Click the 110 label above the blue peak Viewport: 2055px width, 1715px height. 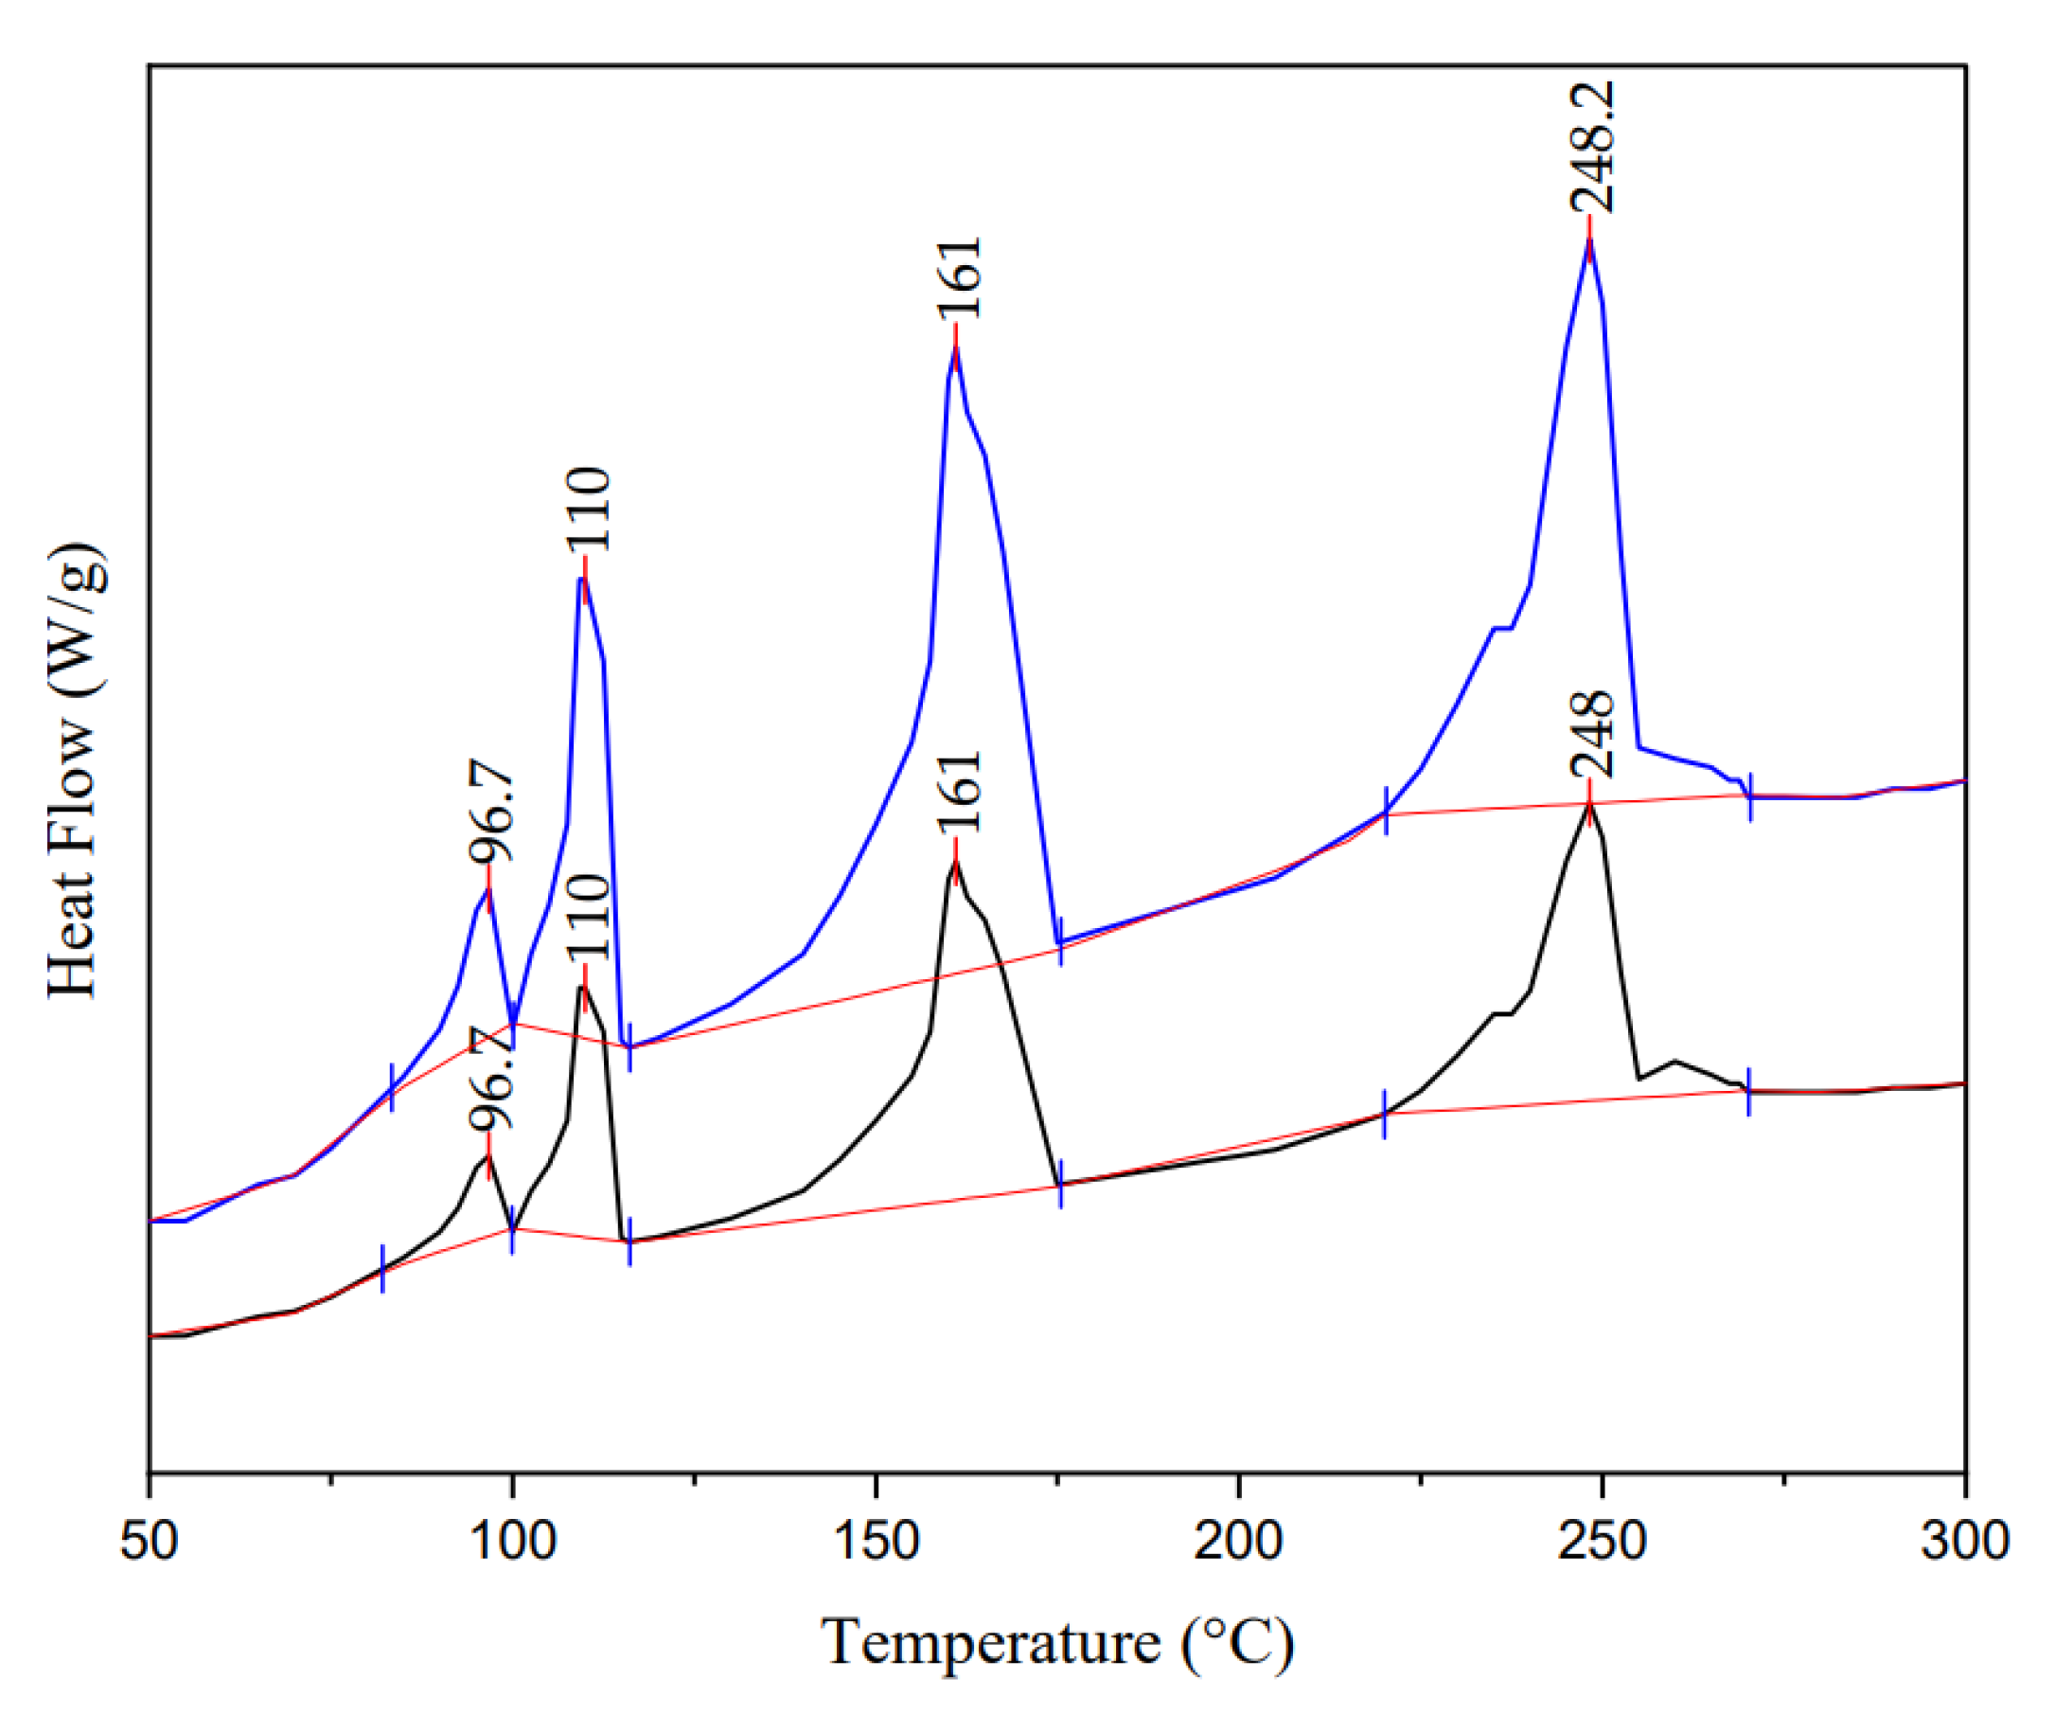(589, 509)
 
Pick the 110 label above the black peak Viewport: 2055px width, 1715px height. (589, 918)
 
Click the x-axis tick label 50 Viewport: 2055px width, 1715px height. (149, 1541)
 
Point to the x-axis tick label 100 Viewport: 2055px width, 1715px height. (512, 1541)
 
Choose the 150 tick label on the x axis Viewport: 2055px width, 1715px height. (875, 1541)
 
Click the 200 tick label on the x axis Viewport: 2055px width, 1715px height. (1238, 1541)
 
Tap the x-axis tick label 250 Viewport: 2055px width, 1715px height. (1601, 1541)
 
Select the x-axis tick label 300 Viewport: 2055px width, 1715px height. (1964, 1541)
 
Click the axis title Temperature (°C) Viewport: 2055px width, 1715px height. (1057, 1643)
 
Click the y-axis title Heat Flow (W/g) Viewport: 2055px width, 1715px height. (74, 771)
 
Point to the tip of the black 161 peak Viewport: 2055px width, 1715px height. (955, 861)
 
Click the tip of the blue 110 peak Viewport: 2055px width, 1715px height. (581, 578)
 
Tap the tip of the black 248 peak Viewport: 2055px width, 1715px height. (1588, 805)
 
